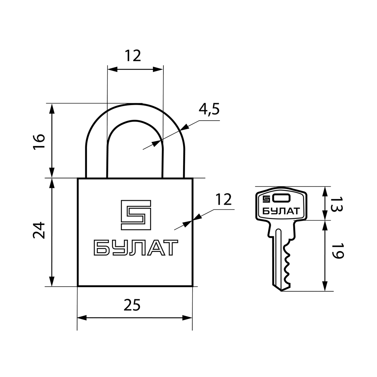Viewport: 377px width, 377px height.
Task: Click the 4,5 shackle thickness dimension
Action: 209,109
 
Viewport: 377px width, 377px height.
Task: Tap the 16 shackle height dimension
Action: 39,142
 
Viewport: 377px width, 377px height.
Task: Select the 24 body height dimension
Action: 39,230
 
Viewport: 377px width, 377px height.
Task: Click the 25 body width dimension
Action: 132,305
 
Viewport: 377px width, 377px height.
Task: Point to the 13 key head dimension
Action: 336,204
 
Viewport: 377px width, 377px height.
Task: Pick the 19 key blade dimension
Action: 338,251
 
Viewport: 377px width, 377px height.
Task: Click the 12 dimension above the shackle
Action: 133,56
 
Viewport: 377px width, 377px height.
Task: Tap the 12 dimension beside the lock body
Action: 224,199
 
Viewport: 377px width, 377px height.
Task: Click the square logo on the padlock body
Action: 136,215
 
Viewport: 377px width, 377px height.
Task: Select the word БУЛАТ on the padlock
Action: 136,248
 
